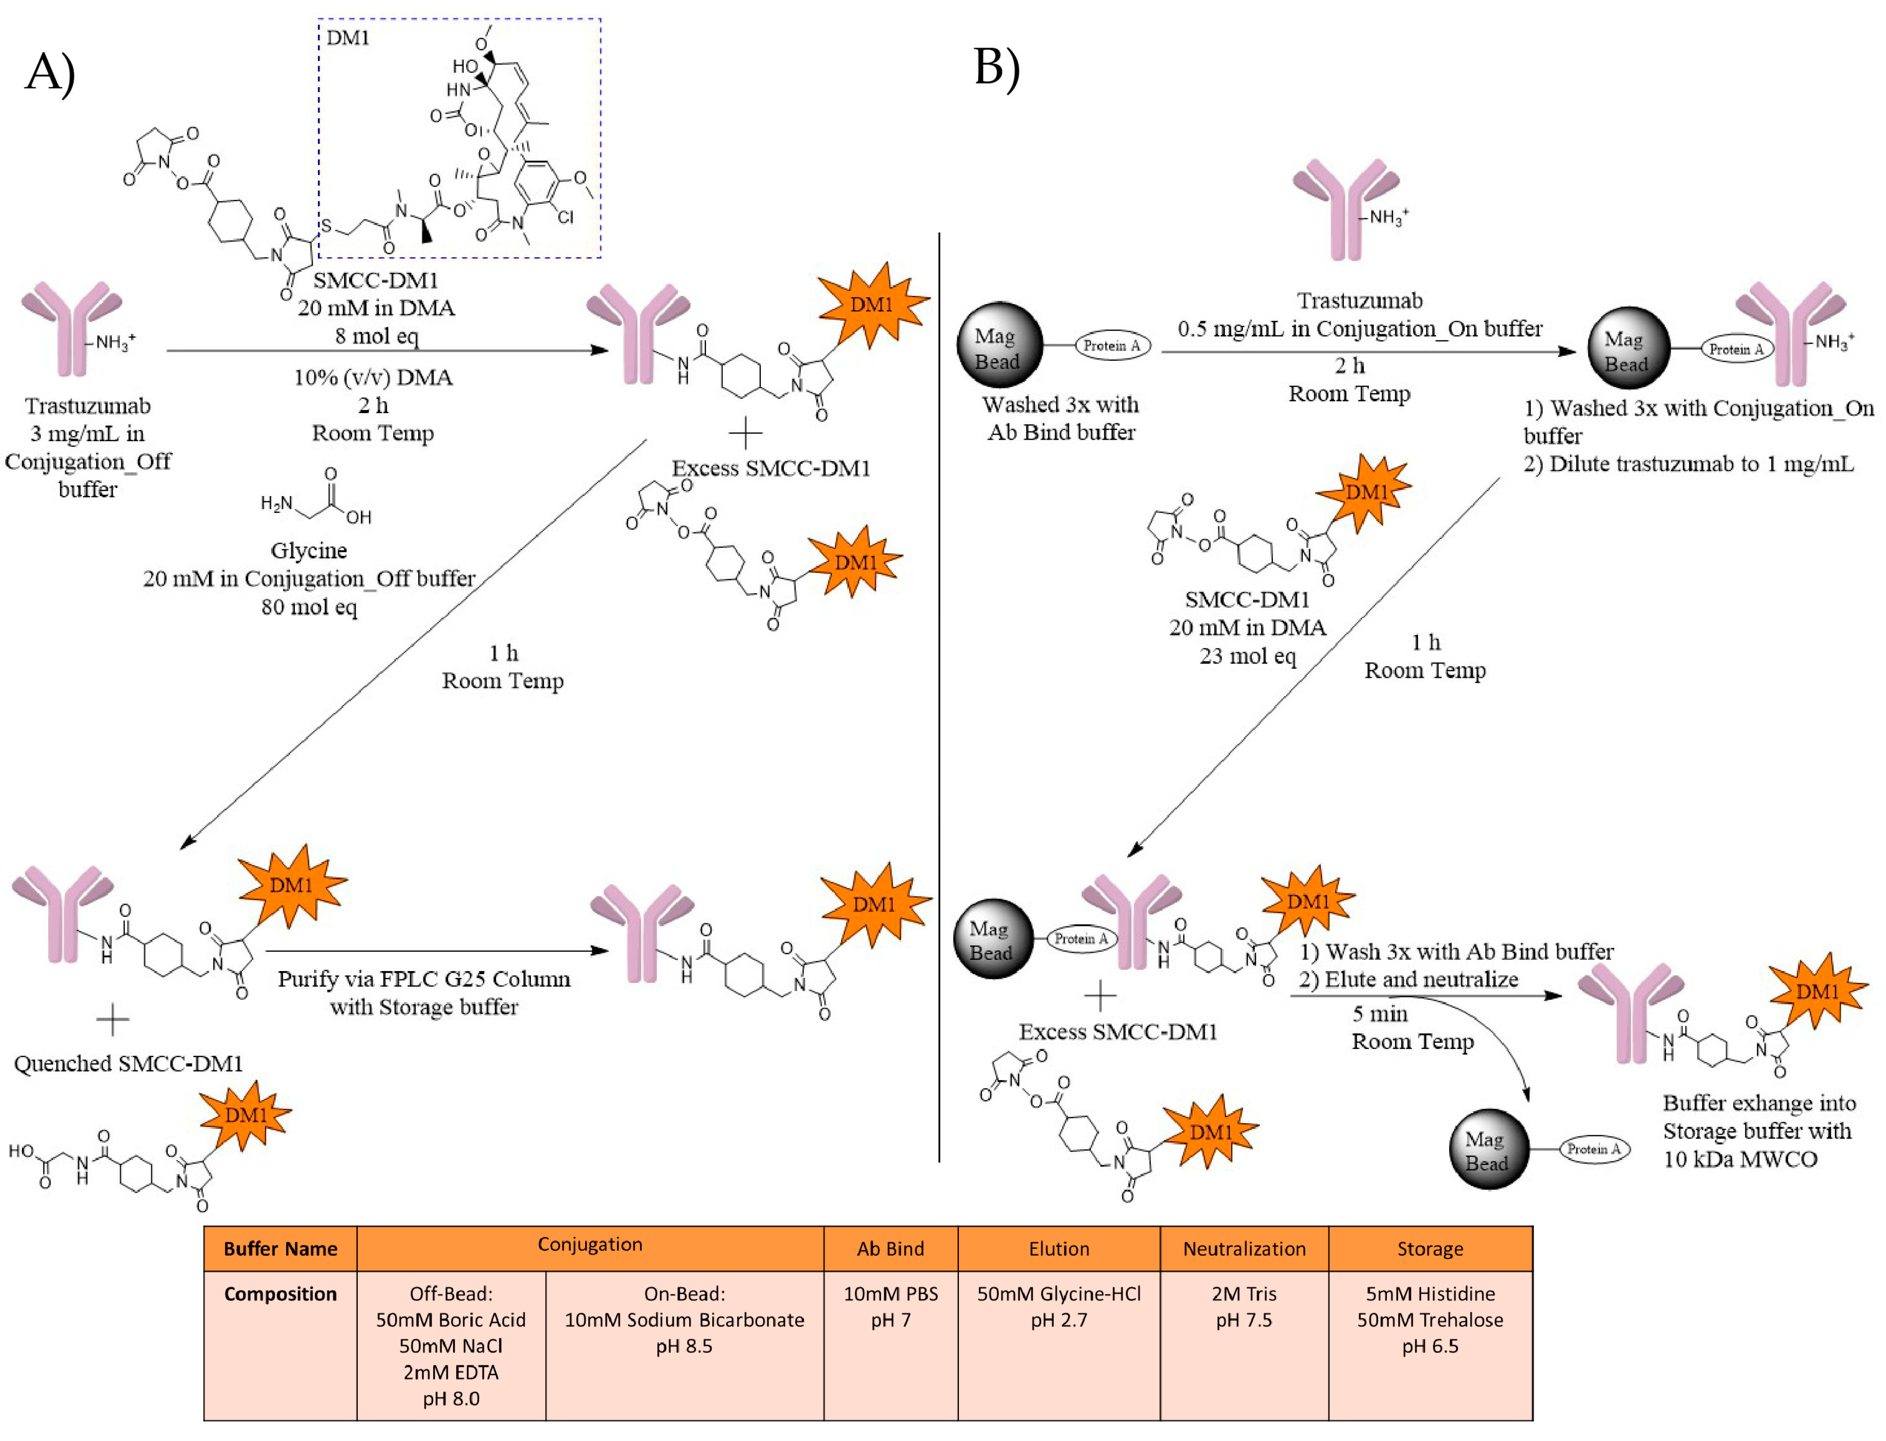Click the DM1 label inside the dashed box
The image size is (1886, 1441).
click(x=347, y=38)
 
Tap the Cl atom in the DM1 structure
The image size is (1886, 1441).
click(x=565, y=217)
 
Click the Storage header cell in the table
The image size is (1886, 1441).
click(x=1430, y=1249)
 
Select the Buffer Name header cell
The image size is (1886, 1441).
click(x=281, y=1249)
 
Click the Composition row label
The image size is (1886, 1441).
click(x=281, y=1294)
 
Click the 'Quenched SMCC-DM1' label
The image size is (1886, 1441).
click(x=128, y=1064)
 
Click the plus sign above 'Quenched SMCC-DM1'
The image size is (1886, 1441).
click(x=112, y=1020)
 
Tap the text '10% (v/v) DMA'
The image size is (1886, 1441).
click(x=373, y=377)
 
